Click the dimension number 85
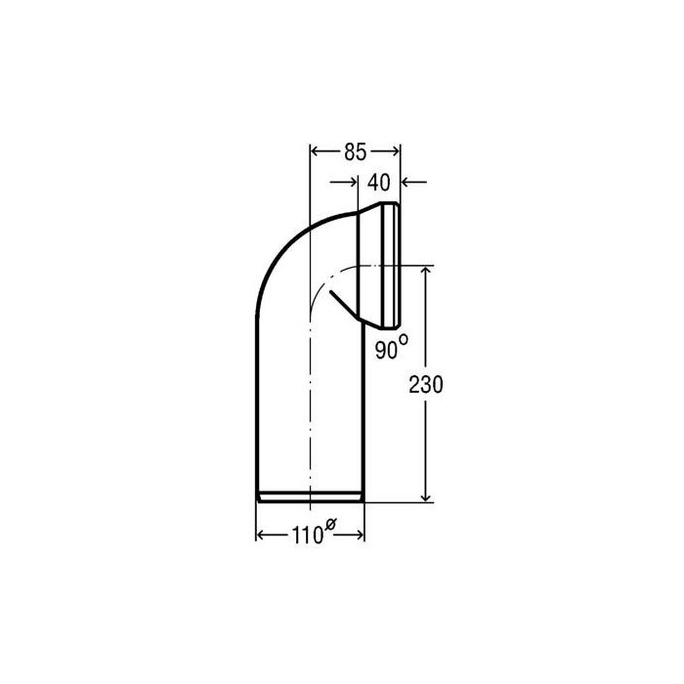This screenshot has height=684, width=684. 355,152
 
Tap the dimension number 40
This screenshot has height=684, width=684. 379,183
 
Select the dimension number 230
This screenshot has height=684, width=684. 426,385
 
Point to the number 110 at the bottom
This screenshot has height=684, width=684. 307,535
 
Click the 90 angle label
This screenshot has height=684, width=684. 387,350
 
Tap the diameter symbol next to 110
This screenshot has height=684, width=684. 330,524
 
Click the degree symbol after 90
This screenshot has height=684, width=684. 404,338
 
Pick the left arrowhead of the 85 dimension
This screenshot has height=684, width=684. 315,151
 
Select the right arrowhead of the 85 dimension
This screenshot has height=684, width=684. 395,151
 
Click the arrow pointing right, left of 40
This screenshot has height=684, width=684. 344,182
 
